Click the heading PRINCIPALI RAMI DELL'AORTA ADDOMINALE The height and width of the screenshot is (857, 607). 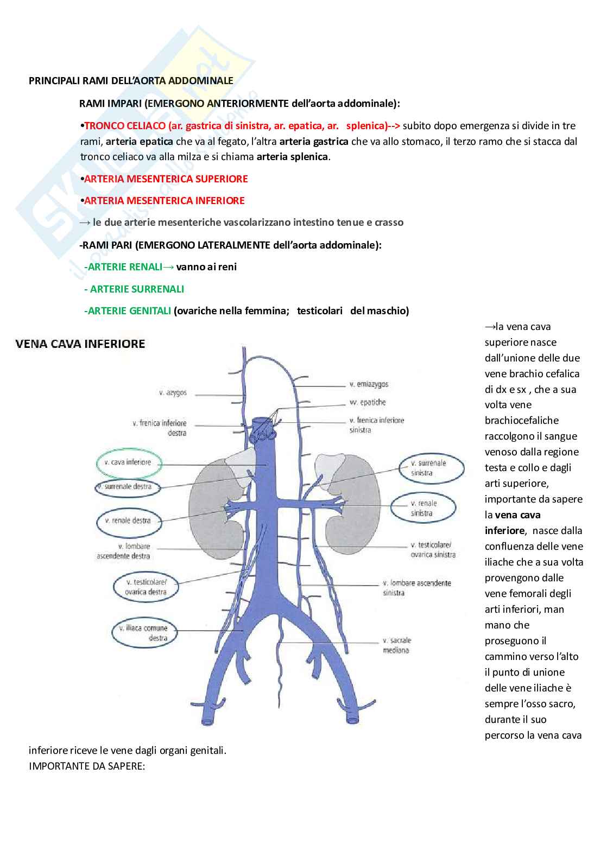click(131, 81)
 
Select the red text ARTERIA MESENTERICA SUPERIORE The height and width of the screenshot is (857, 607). click(166, 179)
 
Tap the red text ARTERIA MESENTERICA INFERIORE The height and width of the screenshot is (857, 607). click(165, 201)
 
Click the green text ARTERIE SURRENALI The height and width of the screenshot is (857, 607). click(137, 289)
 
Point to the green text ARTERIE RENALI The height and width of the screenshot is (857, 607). click(125, 267)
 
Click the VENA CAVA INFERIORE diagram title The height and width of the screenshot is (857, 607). click(80, 344)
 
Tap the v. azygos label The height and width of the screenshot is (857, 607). click(173, 392)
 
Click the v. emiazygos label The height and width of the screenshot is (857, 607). click(369, 384)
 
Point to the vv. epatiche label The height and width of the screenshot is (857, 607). click(368, 402)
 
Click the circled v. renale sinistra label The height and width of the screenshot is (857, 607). click(423, 508)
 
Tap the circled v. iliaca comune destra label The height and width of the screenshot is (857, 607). click(144, 633)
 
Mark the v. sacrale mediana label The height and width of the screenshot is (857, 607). click(397, 645)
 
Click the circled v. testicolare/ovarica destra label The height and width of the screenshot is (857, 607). click(146, 587)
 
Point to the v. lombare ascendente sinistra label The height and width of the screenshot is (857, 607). click(416, 588)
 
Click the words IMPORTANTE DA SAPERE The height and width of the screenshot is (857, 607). click(87, 766)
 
